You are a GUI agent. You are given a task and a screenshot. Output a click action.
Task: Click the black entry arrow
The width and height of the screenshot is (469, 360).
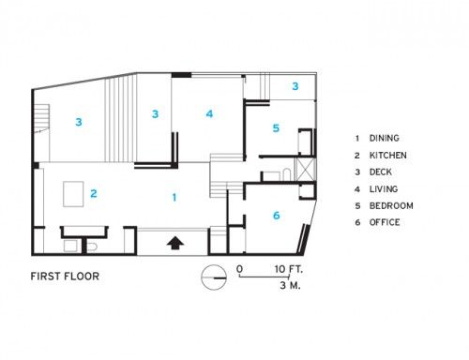click(174, 243)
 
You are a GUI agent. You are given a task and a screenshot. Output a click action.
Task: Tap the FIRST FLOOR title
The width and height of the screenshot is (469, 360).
click(65, 277)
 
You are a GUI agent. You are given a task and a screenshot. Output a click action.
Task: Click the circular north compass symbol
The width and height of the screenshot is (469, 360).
click(214, 277)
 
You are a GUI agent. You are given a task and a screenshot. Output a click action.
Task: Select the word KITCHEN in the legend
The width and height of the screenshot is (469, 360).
click(388, 156)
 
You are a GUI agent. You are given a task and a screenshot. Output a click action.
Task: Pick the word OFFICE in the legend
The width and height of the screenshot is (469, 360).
click(385, 222)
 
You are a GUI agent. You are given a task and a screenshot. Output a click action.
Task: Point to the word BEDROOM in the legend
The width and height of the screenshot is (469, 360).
click(391, 205)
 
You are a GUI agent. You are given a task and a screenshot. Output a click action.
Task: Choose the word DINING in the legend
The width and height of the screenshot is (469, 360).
click(385, 138)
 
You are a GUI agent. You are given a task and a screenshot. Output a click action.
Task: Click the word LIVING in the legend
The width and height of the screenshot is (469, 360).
click(384, 189)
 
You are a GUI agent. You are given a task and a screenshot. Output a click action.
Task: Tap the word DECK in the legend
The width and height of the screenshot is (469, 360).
click(381, 172)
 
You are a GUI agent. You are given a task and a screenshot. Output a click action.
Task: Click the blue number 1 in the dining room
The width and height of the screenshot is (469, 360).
click(174, 197)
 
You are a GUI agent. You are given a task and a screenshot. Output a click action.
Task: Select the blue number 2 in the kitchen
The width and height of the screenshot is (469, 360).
click(94, 194)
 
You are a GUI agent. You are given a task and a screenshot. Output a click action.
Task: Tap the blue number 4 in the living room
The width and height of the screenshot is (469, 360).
click(209, 113)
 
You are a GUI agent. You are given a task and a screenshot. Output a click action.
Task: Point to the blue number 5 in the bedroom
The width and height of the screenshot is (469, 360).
click(276, 128)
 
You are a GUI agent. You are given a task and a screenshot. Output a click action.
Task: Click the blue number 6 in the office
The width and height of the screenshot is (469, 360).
click(277, 216)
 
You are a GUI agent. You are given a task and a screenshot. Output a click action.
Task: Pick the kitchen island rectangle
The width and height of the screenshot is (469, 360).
click(73, 194)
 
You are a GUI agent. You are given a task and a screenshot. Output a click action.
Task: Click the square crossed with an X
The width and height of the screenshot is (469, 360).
click(306, 169)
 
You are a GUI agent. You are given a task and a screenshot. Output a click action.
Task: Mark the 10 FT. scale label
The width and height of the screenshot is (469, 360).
click(289, 269)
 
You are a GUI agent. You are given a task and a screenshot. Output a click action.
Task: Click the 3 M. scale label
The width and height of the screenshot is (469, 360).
click(290, 285)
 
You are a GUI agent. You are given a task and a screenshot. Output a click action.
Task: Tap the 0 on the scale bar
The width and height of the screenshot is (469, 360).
click(239, 269)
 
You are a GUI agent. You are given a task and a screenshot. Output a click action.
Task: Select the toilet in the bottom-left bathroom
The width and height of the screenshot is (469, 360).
click(92, 247)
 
